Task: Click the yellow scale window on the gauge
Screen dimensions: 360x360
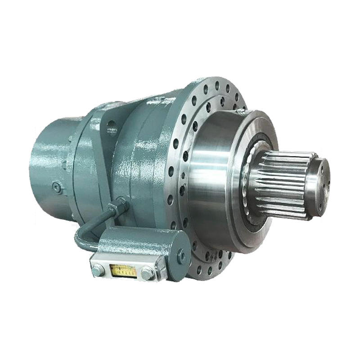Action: click(123, 270)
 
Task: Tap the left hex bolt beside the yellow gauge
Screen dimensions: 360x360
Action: click(97, 271)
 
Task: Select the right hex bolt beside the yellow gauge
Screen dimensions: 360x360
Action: click(147, 273)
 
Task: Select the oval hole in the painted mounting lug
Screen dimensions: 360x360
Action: click(110, 128)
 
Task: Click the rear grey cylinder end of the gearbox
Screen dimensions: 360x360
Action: click(49, 166)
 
